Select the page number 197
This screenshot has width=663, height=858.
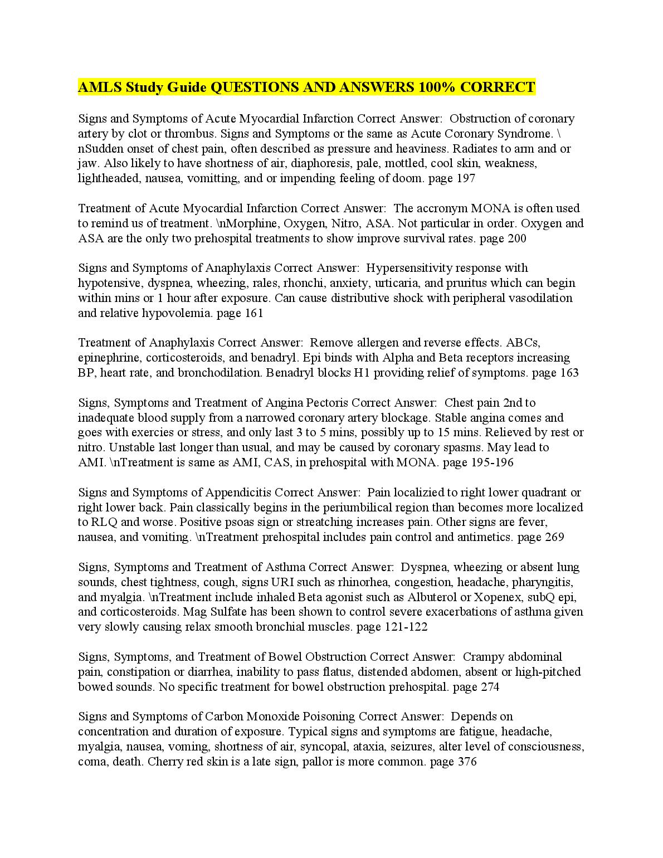465,178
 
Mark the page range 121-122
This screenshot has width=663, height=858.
406,627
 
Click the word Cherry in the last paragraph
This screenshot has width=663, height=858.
164,762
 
